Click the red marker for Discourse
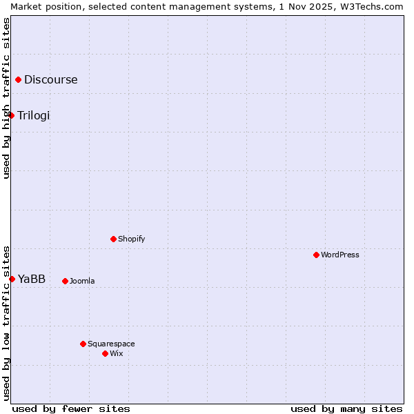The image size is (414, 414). (18, 80)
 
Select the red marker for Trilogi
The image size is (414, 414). (12, 115)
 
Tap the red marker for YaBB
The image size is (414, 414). (12, 279)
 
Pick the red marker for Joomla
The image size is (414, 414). (65, 281)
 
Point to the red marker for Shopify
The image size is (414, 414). (113, 239)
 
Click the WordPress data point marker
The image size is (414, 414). (316, 255)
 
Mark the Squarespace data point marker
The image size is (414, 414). (83, 344)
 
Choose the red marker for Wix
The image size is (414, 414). (105, 353)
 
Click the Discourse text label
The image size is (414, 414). (51, 80)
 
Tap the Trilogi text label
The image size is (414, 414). (34, 115)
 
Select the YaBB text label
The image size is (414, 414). (32, 279)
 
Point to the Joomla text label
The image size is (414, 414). (82, 281)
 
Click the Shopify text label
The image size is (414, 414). (131, 239)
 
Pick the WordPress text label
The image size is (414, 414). (340, 255)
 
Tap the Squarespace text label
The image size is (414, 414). (111, 344)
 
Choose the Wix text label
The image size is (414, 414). (117, 353)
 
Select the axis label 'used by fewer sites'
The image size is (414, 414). (71, 408)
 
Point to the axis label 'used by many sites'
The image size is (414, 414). (346, 408)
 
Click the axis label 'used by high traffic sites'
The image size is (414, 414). (6, 99)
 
